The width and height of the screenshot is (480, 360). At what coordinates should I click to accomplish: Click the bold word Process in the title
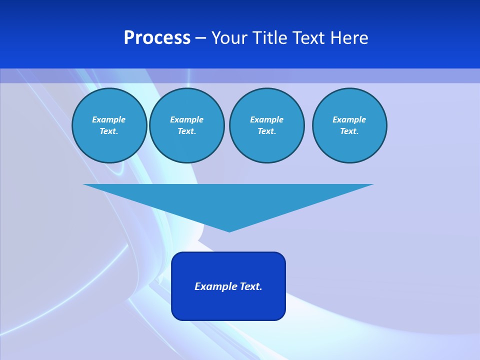click(157, 38)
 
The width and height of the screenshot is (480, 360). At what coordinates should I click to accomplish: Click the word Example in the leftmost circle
click(109, 119)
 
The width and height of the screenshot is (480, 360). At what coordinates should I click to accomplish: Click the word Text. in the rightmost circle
click(349, 131)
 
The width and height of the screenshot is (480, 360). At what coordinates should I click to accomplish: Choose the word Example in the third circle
click(266, 119)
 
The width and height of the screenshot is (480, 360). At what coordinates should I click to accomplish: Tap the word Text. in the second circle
click(186, 131)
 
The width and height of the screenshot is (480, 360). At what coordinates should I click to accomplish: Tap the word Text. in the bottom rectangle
click(251, 286)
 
